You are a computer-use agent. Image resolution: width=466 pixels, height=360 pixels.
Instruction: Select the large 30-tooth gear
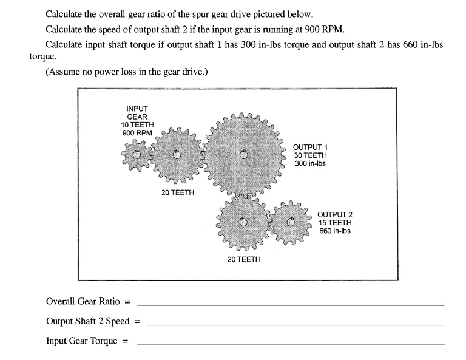243,154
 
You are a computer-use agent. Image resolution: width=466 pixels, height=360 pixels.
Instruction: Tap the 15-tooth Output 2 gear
291,222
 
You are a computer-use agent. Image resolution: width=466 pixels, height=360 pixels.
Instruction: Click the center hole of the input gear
137,155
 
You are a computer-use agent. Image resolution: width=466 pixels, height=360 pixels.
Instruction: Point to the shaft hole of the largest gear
243,154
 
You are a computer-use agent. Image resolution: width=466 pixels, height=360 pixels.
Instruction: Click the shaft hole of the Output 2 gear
291,222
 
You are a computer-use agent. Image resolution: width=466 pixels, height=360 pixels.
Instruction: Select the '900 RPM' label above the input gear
137,133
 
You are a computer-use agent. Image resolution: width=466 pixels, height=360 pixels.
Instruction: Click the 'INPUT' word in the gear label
137,109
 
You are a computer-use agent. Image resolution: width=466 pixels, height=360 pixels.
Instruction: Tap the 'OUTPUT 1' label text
310,148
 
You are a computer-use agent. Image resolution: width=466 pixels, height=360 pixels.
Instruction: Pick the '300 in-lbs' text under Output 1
310,163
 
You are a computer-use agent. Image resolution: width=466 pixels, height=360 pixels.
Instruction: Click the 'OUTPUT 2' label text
334,215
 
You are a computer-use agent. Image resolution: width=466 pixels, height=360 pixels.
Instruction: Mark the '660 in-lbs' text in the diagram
334,231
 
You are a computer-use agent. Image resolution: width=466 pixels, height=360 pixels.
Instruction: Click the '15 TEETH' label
334,223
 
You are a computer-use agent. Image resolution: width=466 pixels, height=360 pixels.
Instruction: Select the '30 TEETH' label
310,155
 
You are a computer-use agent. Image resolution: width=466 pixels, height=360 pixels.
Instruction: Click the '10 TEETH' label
137,125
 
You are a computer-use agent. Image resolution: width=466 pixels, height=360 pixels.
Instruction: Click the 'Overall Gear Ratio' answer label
83,301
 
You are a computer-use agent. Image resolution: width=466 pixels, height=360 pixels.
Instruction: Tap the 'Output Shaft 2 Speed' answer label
88,321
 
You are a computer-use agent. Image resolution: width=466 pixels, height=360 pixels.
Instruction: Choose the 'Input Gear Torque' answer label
82,341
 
